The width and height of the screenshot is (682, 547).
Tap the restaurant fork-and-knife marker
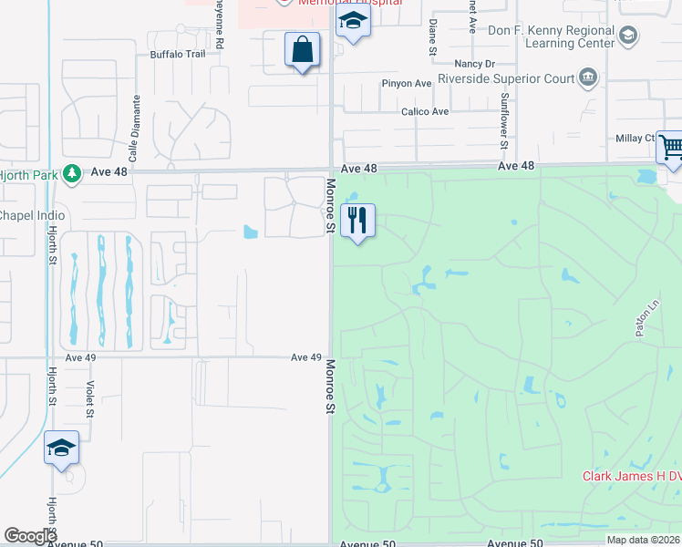(357, 220)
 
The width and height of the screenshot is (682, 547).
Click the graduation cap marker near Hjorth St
(61, 448)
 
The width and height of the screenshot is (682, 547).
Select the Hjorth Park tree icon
(72, 173)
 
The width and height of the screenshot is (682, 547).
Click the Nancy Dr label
(474, 65)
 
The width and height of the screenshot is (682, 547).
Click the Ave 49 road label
(307, 357)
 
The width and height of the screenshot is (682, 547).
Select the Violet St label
(89, 399)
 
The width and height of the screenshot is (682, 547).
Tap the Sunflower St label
(502, 119)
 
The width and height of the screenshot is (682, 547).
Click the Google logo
(30, 536)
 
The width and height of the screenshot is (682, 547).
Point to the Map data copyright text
(643, 540)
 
